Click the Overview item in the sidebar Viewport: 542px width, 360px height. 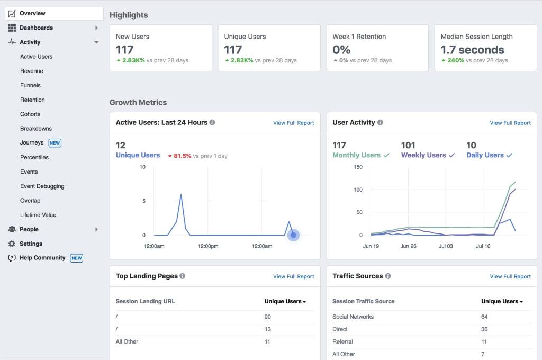click(x=32, y=13)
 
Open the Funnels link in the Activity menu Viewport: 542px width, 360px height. click(x=30, y=85)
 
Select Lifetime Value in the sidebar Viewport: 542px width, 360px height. click(x=38, y=215)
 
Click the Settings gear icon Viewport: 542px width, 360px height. click(x=12, y=244)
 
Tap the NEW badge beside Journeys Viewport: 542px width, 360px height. click(x=55, y=143)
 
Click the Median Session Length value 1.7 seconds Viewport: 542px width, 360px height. click(x=472, y=50)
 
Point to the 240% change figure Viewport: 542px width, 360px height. click(x=455, y=60)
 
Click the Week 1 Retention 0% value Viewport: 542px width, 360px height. click(x=341, y=50)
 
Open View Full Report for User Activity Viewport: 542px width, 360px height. click(x=510, y=123)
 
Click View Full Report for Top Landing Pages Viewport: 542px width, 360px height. click(x=293, y=276)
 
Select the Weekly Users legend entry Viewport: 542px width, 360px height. click(x=423, y=155)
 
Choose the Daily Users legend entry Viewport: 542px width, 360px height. click(x=485, y=155)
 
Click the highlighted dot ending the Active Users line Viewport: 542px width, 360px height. click(x=293, y=235)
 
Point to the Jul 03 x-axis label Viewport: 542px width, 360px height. click(x=446, y=246)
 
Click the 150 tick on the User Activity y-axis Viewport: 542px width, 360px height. click(x=358, y=167)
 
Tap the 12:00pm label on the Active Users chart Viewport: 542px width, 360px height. click(x=208, y=246)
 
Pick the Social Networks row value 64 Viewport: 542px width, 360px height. click(x=484, y=317)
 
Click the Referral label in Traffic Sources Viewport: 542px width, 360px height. click(x=342, y=341)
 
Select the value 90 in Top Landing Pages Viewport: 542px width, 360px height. click(x=268, y=317)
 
